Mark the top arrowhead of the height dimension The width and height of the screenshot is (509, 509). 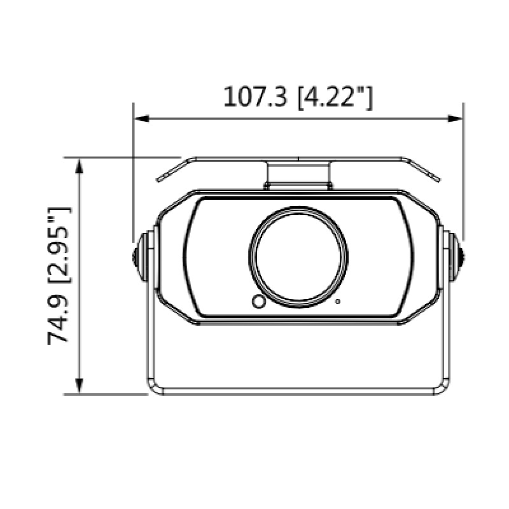point(79,165)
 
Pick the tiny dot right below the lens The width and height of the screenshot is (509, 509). point(338,301)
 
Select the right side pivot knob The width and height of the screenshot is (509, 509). point(456,254)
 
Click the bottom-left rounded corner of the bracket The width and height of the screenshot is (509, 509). point(153,387)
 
